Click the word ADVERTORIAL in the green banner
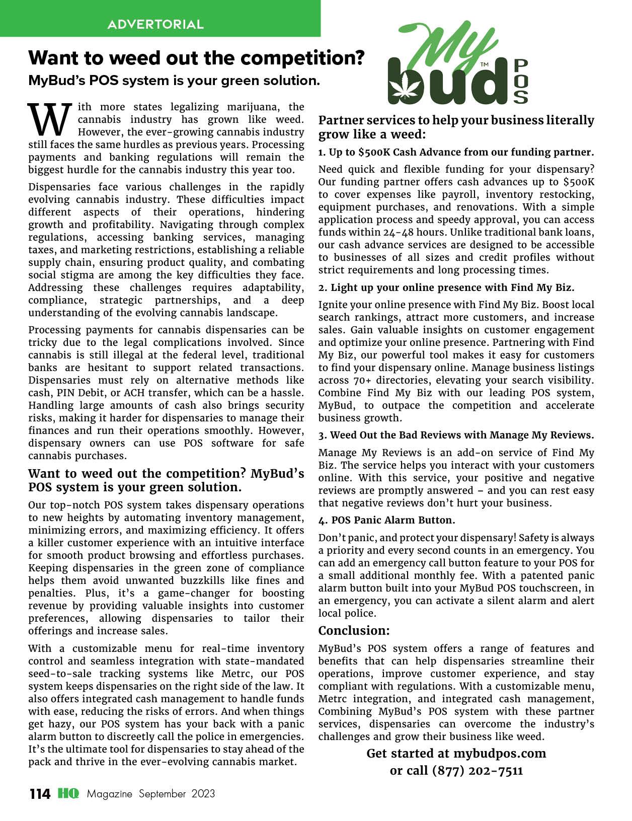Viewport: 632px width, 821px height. [x=155, y=24]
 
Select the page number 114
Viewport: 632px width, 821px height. [x=40, y=794]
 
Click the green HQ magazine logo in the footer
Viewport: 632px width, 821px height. [x=68, y=793]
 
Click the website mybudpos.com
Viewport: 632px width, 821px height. [x=499, y=754]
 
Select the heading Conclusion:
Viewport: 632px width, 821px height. [x=354, y=631]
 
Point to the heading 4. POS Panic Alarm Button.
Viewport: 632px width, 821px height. [x=386, y=520]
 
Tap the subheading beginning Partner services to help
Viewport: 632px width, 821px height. [x=456, y=127]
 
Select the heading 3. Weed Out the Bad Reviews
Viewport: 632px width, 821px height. [x=456, y=435]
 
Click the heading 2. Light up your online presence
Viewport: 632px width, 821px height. [x=446, y=287]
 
